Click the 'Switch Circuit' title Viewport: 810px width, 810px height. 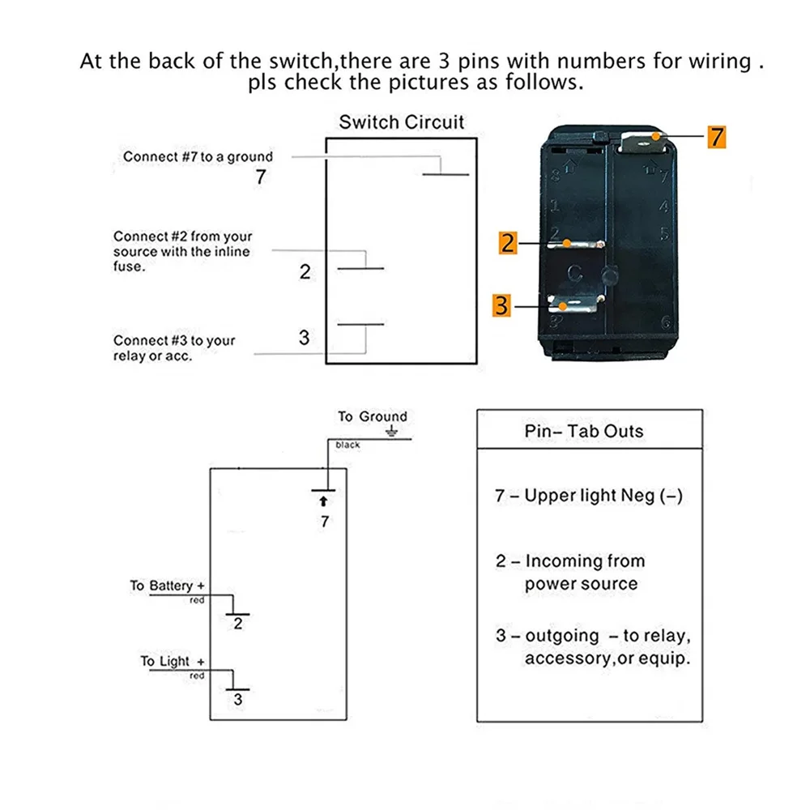click(x=402, y=122)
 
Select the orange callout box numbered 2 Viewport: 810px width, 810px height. click(x=508, y=241)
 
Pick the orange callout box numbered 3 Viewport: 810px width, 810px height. click(x=502, y=306)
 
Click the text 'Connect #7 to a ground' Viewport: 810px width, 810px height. click(x=198, y=156)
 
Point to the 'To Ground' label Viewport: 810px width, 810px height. click(x=372, y=416)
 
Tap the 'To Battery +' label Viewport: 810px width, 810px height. click(x=168, y=586)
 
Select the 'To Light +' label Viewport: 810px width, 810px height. click(x=173, y=662)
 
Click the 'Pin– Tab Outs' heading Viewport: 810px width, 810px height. click(x=583, y=431)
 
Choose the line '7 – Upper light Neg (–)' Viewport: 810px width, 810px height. click(x=589, y=496)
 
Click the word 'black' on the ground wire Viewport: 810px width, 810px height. click(x=347, y=445)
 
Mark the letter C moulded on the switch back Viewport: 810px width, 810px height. click(x=574, y=274)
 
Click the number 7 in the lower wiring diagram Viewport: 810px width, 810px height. click(x=325, y=522)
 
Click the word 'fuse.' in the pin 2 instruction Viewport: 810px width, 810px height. click(x=129, y=266)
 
